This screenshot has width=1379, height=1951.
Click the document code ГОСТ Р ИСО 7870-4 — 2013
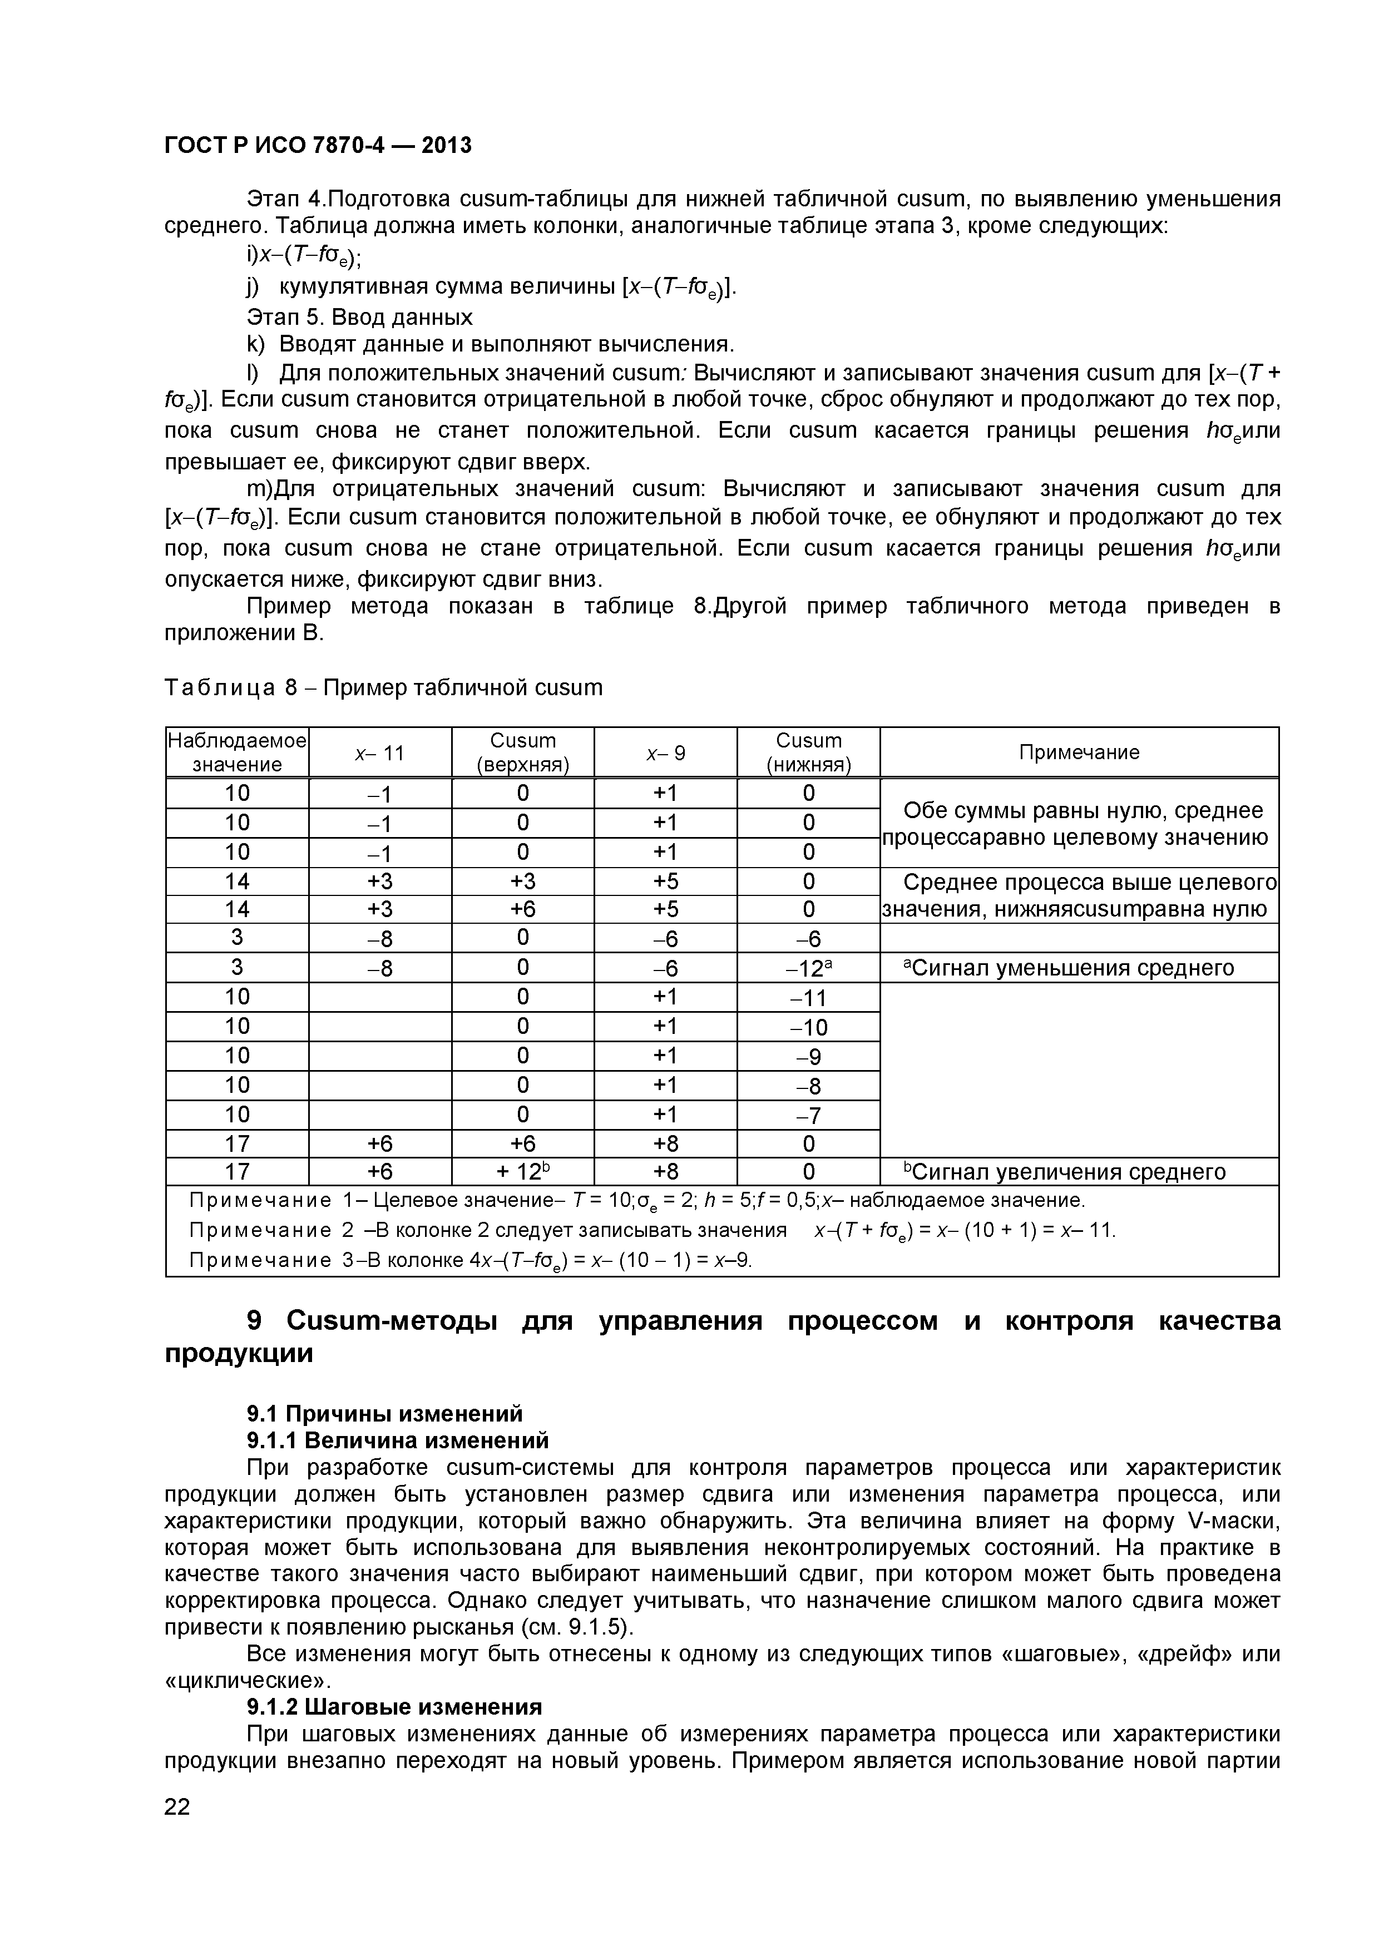coord(317,145)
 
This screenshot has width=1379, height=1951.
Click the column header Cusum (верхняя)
coord(522,752)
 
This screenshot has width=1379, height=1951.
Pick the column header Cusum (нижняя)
coord(808,752)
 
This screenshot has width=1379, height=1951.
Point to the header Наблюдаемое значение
coord(237,752)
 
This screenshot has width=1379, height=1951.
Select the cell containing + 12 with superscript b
coord(522,1172)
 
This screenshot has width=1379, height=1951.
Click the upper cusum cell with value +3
coord(522,881)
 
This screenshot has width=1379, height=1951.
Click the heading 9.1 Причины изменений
coord(384,1414)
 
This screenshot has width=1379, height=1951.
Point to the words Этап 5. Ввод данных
coord(359,317)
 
